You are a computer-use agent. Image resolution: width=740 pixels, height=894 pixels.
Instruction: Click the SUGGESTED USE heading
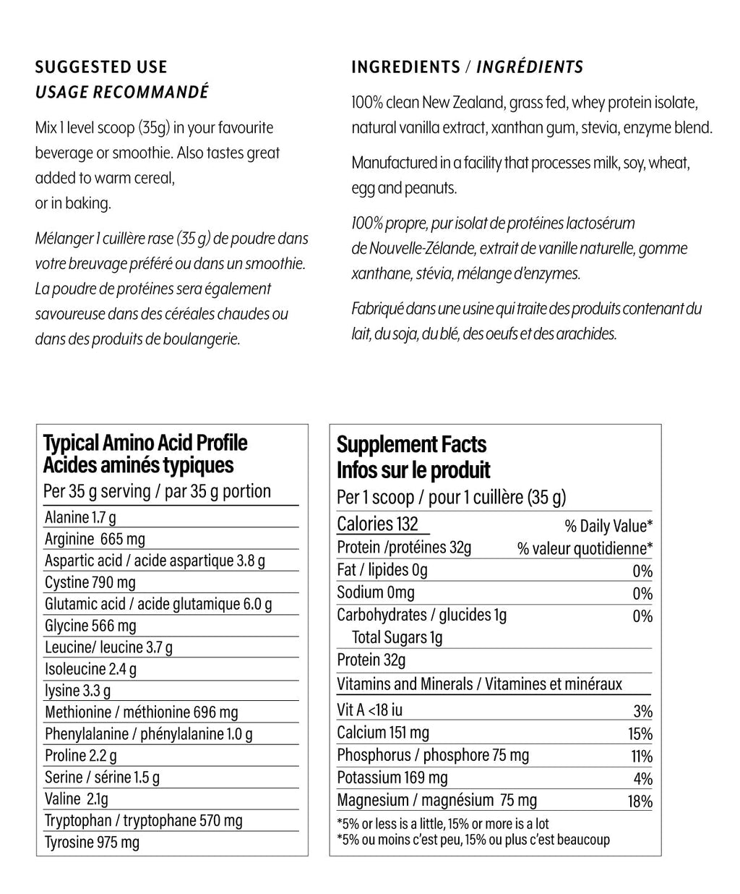click(101, 67)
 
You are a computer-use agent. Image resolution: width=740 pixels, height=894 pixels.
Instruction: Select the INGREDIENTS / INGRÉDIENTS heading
click(467, 67)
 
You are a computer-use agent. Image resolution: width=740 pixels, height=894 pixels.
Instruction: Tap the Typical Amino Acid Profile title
click(145, 443)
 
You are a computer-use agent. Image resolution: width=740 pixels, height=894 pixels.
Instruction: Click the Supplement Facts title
click(411, 444)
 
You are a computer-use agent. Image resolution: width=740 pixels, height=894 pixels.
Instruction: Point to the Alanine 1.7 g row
click(80, 517)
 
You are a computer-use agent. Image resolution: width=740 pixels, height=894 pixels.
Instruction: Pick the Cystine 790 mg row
click(90, 582)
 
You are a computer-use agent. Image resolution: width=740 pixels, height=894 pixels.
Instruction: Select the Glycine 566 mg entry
click(90, 626)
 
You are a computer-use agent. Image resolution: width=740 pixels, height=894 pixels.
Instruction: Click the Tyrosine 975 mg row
click(92, 842)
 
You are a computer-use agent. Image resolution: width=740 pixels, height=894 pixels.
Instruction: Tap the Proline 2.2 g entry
click(80, 755)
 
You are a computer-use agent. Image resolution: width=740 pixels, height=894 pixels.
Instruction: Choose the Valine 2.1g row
click(76, 799)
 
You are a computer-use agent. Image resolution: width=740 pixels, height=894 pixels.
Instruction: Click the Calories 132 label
click(377, 524)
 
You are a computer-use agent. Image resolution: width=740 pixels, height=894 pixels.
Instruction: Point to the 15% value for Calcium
click(640, 734)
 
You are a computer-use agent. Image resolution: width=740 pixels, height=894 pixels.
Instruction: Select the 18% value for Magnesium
click(640, 801)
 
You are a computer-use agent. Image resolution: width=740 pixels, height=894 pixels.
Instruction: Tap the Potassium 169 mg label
click(392, 778)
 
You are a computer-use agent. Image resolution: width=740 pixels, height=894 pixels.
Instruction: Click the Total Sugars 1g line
click(397, 637)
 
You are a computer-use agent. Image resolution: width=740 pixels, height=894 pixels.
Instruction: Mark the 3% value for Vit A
click(643, 712)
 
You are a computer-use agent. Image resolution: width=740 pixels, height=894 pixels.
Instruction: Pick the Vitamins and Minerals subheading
click(479, 684)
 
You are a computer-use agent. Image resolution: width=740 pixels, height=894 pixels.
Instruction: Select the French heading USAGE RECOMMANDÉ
click(121, 93)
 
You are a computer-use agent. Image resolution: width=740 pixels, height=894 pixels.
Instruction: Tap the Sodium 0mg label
click(376, 592)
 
